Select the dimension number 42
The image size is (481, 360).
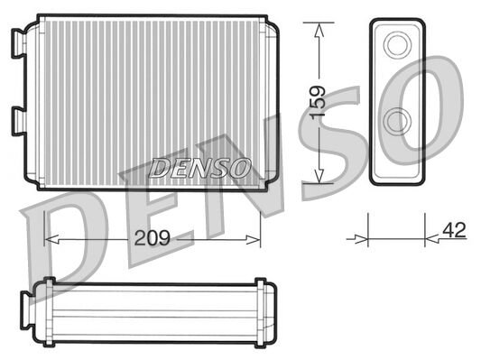click(454, 230)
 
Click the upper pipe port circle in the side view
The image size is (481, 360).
click(395, 43)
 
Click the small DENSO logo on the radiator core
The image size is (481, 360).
click(200, 166)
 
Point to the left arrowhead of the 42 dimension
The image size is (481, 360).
click(364, 239)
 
